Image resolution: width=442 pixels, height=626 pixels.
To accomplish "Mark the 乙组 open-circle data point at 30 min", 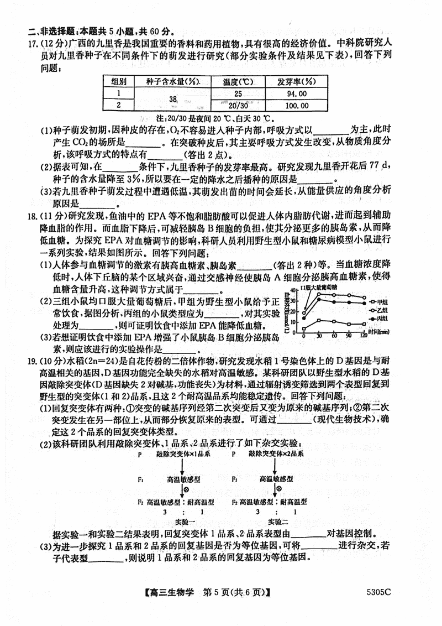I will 319,294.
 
